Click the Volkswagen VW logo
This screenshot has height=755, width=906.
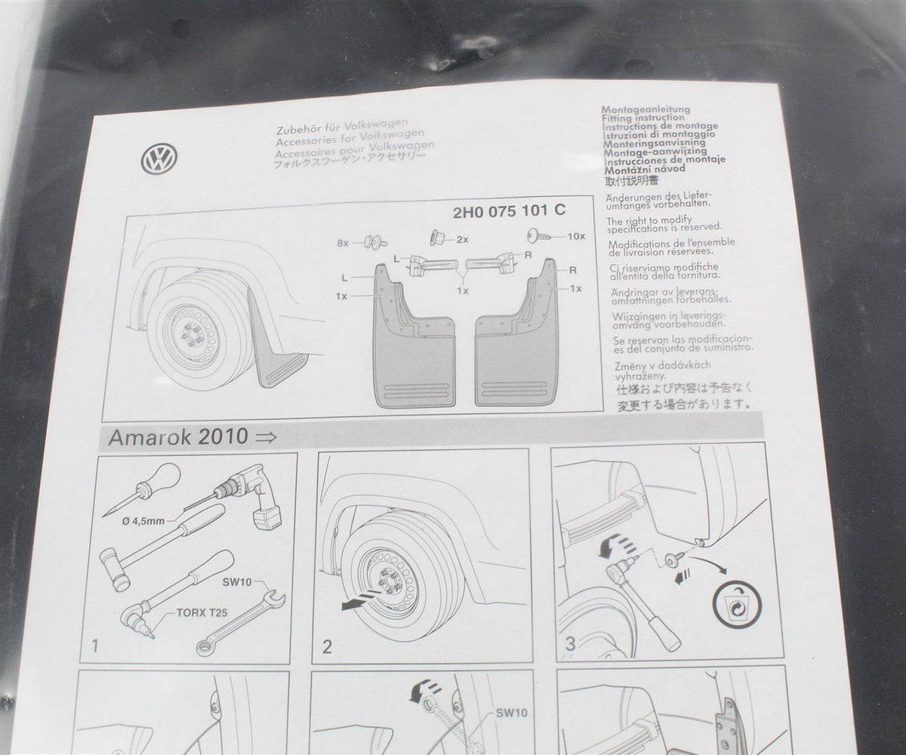(159, 159)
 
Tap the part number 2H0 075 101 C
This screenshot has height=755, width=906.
(509, 211)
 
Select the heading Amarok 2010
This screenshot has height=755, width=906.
(178, 436)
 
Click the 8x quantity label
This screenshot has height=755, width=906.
(343, 243)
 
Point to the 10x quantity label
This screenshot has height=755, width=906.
(576, 236)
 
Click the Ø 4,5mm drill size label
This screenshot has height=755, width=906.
(143, 521)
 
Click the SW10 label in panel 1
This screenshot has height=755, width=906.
(237, 582)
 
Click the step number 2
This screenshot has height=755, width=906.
(327, 647)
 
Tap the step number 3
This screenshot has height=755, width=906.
(570, 643)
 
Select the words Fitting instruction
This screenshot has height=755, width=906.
(643, 118)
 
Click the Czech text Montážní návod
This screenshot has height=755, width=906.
(645, 169)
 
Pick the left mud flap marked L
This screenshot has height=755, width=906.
(415, 335)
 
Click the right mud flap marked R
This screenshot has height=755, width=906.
(515, 333)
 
